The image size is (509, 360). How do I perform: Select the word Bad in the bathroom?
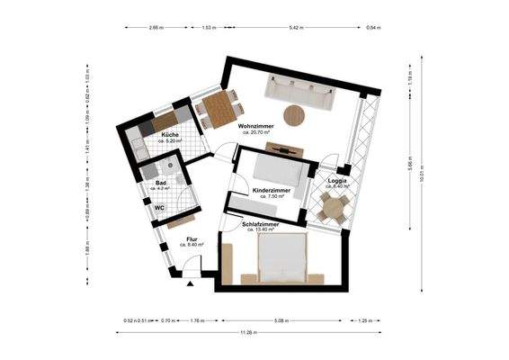coord(159,183)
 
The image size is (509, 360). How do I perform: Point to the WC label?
coord(157,206)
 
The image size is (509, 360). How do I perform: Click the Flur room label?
coord(192,238)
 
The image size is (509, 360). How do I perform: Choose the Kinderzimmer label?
coord(271,191)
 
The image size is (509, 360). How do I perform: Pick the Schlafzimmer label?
coord(260,223)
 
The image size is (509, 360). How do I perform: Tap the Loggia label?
coord(337,181)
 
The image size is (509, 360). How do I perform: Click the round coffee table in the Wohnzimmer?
coord(294,115)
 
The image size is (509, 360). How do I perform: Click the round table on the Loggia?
coord(335,209)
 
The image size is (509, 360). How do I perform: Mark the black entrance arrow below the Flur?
coord(192,283)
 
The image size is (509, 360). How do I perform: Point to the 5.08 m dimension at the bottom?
coord(282,319)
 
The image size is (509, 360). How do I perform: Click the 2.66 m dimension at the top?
coord(156,29)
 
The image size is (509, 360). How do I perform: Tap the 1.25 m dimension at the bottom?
coord(363,319)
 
